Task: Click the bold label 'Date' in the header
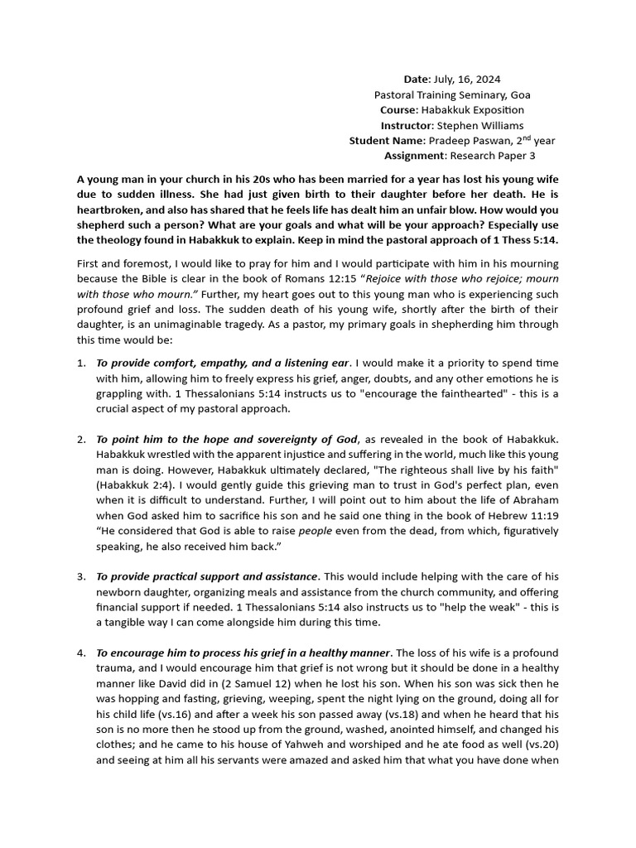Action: [417, 79]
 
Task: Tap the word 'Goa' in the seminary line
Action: [519, 95]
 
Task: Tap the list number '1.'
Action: [81, 363]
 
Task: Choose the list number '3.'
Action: [81, 576]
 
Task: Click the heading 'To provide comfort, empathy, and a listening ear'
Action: [222, 363]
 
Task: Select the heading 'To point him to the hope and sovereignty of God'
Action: [227, 439]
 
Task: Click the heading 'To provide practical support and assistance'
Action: [207, 576]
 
